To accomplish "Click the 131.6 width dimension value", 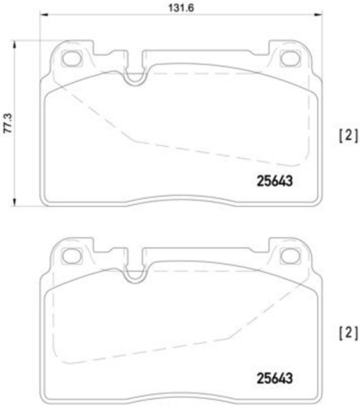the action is tap(181, 8).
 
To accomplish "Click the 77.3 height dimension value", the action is tap(8, 123).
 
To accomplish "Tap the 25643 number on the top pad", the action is tap(274, 181).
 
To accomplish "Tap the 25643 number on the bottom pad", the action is tap(274, 378).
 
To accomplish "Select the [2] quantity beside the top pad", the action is tap(349, 136).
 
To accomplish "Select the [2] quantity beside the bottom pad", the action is tap(349, 332).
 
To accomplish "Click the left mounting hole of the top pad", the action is tap(72, 58).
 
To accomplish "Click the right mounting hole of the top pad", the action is tap(290, 58).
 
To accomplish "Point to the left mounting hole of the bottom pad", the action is tap(72, 256).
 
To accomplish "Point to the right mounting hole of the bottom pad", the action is tap(290, 256).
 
